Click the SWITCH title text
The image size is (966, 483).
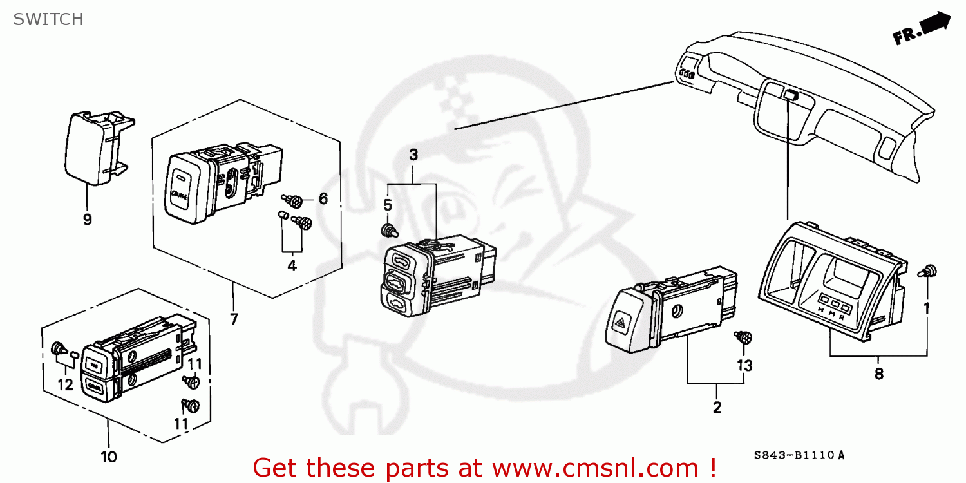point(49,19)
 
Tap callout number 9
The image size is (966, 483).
point(87,220)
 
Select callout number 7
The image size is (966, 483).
point(233,319)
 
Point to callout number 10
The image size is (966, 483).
point(109,457)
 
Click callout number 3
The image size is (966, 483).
point(413,155)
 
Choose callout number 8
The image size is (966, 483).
point(878,374)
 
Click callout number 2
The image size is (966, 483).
point(717,407)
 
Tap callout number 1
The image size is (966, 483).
point(927,308)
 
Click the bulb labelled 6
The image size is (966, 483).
point(294,202)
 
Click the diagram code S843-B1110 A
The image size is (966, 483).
point(799,455)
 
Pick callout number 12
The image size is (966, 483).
point(65,384)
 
